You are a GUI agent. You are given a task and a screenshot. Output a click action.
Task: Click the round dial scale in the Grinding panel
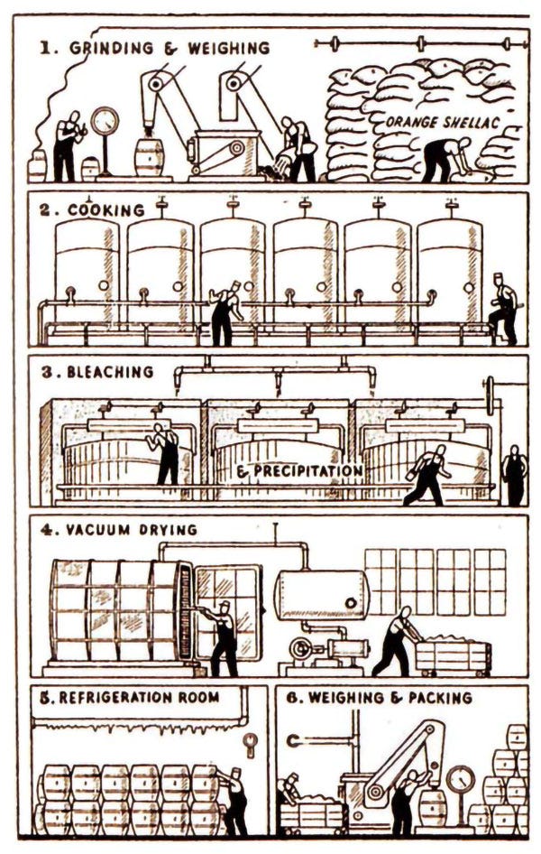coord(105,121)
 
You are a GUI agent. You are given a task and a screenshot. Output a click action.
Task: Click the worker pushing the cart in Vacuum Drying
coord(397,641)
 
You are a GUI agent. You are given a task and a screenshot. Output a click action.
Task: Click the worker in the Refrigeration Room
coord(232,799)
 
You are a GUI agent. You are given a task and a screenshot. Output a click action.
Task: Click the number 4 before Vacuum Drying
coord(46,529)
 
